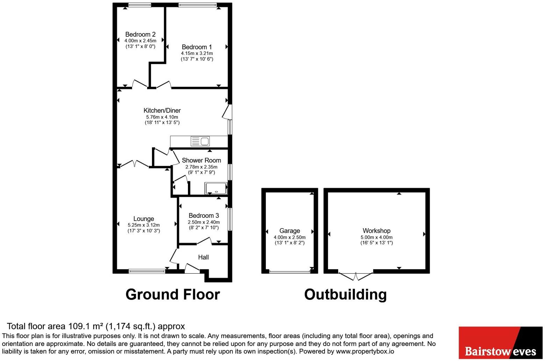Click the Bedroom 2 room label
click(x=140, y=34)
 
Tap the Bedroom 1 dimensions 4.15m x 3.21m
click(x=197, y=53)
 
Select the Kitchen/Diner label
click(x=162, y=110)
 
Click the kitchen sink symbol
click(x=200, y=141)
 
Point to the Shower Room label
click(x=202, y=160)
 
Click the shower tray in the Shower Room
click(x=216, y=188)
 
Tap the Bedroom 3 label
click(x=204, y=216)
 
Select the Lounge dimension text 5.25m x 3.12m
click(x=144, y=225)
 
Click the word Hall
click(x=203, y=257)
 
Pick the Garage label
click(x=290, y=231)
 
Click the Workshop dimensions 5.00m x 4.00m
click(x=376, y=237)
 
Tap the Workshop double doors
click(x=356, y=276)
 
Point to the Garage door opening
click(x=290, y=272)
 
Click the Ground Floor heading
click(x=173, y=295)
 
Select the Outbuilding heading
click(x=345, y=295)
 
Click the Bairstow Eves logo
click(x=501, y=343)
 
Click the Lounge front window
click(x=147, y=271)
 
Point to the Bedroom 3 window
click(x=230, y=219)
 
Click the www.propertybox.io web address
click(x=365, y=352)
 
